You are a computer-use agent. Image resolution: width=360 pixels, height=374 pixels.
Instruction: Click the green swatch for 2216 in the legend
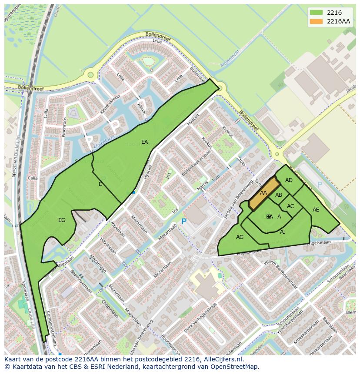(317, 13)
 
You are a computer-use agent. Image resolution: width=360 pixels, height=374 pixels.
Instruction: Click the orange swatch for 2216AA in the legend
(317, 21)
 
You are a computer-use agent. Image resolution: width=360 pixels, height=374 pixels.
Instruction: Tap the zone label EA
(145, 142)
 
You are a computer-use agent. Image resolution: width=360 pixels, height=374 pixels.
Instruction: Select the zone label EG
(62, 220)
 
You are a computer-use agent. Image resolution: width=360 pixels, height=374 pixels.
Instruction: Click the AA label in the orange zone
(263, 193)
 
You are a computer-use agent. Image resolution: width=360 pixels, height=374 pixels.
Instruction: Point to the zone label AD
(289, 180)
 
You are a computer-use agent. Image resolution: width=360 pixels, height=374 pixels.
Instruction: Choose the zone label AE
(316, 210)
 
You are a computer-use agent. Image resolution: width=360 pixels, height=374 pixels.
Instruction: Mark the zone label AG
(240, 237)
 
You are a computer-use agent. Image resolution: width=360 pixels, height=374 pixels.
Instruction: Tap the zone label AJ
(283, 232)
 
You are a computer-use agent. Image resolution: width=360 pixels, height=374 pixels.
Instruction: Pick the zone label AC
(290, 206)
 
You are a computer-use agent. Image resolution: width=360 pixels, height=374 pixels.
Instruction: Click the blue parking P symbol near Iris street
(183, 222)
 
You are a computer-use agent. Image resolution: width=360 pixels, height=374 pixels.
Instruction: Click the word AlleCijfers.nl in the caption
(222, 359)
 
